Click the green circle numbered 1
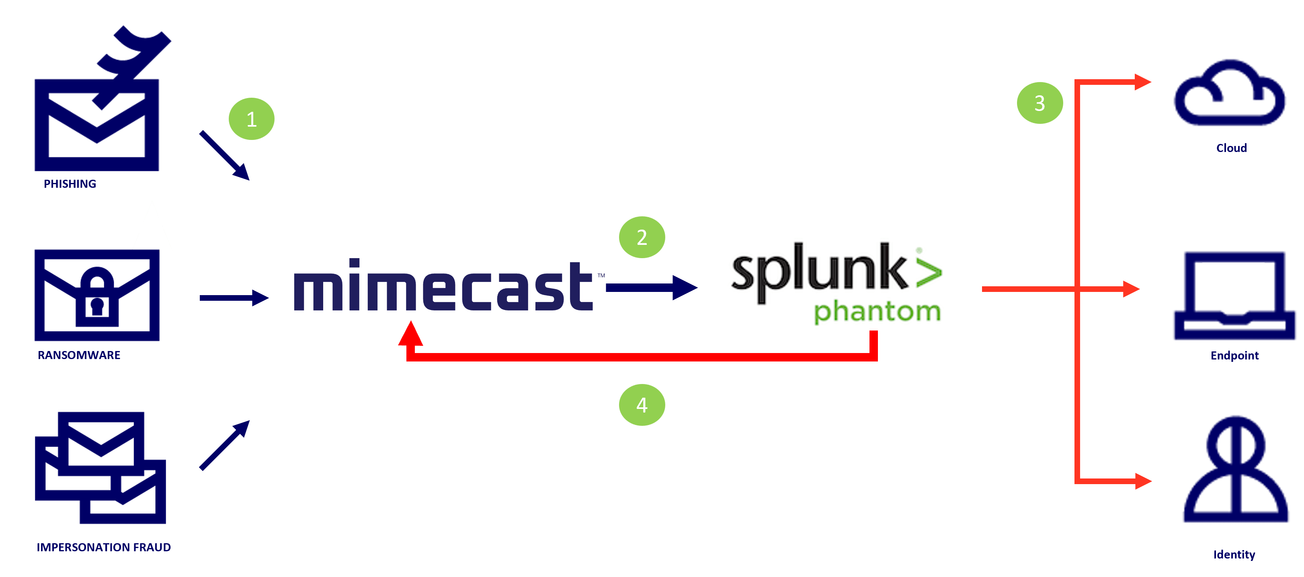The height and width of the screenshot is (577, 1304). pos(252,119)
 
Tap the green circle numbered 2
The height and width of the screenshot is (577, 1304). pos(642,237)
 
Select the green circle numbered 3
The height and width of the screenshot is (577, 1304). pos(1040,103)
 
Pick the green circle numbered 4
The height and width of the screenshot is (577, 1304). pos(642,405)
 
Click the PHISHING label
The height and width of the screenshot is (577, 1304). pos(70,184)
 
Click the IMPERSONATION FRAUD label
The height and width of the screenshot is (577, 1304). pos(104,547)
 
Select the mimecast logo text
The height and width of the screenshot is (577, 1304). pos(443,286)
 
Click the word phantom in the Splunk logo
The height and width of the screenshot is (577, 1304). pos(877,311)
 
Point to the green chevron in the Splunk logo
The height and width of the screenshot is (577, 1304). pos(929,272)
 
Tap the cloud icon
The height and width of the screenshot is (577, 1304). pos(1230,94)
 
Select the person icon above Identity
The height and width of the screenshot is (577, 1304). pos(1236,471)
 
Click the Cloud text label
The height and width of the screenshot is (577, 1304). pos(1231,148)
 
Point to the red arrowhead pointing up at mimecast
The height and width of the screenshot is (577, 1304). pos(410,334)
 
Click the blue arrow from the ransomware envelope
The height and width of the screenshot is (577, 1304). pos(234,298)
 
